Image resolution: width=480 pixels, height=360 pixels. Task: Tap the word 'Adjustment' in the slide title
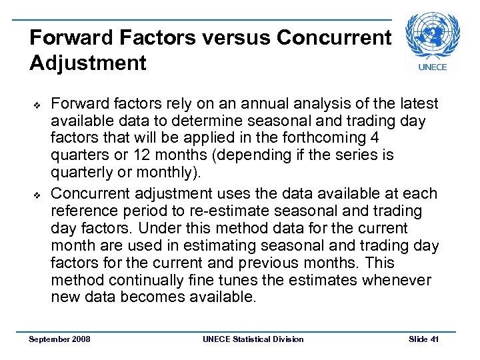[x=88, y=63]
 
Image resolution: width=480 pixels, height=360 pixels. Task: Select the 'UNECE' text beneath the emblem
[x=432, y=67]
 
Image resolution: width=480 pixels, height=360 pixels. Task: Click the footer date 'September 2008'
[x=60, y=339]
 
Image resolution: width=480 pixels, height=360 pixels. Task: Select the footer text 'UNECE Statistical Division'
[x=253, y=339]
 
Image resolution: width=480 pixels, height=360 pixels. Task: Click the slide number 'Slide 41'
[x=423, y=339]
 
